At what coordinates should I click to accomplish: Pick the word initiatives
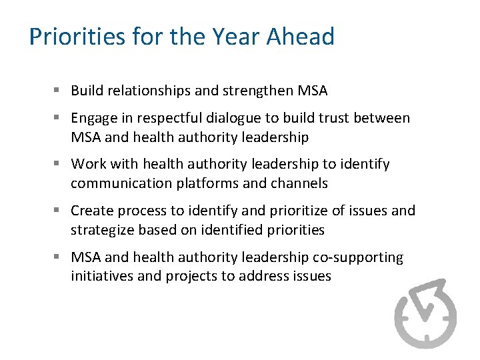(x=100, y=276)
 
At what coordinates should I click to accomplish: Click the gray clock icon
(x=425, y=313)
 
